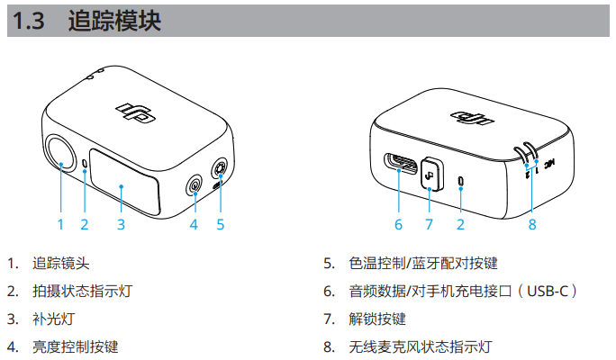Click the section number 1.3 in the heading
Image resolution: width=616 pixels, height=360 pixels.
point(28,21)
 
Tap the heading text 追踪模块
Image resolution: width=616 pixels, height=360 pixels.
point(114,21)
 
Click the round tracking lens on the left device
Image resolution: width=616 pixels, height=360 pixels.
point(61,153)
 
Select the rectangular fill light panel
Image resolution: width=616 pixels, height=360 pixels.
point(125,182)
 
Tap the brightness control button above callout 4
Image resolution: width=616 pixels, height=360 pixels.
point(195,184)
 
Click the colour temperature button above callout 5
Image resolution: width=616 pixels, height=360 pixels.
point(220,169)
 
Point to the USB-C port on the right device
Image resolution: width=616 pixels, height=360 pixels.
point(401,164)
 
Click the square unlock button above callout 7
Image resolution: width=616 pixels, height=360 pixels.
point(432,175)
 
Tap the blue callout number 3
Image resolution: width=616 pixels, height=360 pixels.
point(121,225)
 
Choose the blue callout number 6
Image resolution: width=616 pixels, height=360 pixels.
point(398,225)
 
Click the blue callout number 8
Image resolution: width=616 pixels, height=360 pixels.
point(532,225)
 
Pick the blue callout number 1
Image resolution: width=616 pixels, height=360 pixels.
point(60,225)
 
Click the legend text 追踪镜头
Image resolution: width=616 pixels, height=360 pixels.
point(61,263)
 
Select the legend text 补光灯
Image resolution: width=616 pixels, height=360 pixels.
point(54,319)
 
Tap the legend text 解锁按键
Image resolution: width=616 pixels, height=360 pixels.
point(377,319)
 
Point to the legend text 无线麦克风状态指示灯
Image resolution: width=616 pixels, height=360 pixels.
point(421,346)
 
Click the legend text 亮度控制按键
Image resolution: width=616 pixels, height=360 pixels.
point(76,346)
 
